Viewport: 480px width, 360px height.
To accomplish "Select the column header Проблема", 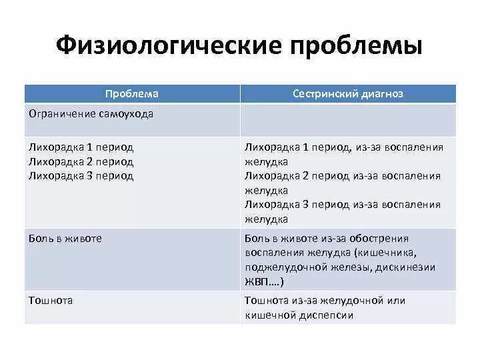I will [132, 94].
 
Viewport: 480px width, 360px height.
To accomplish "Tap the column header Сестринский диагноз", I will [348, 94].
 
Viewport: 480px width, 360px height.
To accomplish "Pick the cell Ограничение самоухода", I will [91, 113].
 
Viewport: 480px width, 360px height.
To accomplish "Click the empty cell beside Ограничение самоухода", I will [348, 120].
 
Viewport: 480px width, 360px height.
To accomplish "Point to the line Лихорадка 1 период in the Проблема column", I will [81, 147].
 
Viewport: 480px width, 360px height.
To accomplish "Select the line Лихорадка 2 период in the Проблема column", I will [81, 161].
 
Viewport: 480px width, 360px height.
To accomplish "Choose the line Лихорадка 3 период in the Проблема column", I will [81, 176].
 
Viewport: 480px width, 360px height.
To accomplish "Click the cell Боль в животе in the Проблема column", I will [65, 238].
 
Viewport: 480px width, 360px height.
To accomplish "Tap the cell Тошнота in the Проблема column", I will [51, 301].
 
